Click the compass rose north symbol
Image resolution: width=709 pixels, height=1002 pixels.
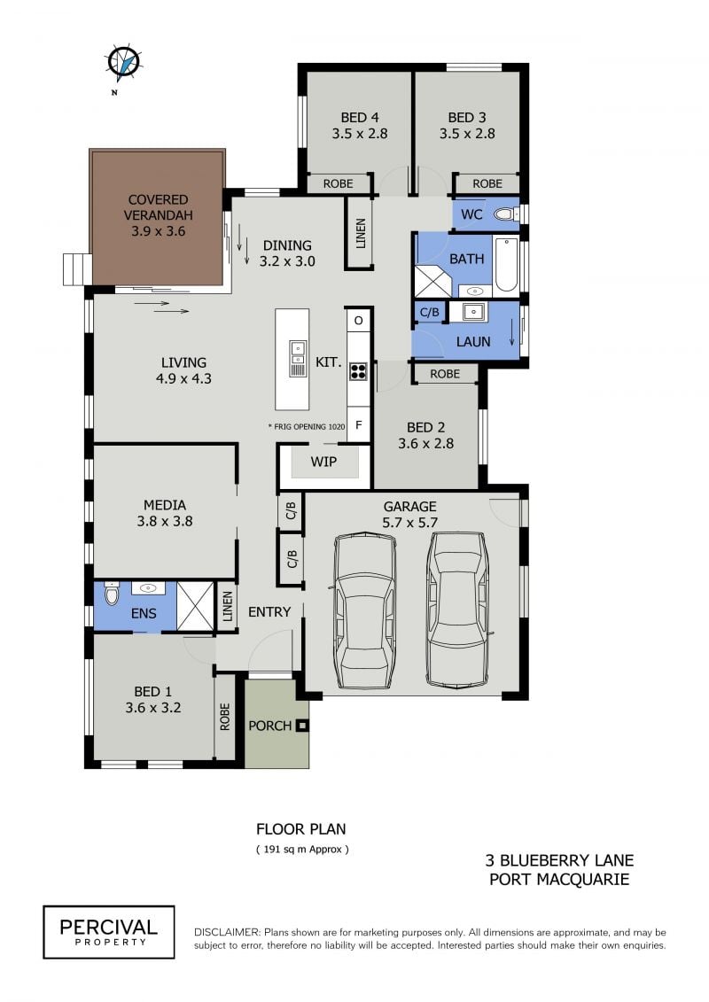(x=123, y=64)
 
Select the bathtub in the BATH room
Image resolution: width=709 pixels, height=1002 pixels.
(x=506, y=265)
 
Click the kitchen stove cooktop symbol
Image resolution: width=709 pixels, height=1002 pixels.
(x=358, y=370)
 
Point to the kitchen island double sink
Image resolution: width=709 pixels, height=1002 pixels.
(x=298, y=358)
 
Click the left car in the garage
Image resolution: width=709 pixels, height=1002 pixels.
(x=362, y=611)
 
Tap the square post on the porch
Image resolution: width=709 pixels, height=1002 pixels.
(x=302, y=726)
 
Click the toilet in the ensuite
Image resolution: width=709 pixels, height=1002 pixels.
(x=112, y=594)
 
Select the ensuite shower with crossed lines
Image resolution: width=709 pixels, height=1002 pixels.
(x=195, y=607)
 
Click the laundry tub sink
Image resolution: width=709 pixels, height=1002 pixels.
(x=473, y=311)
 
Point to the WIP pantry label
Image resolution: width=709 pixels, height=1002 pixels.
(x=323, y=462)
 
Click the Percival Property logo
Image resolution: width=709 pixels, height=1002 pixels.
(x=109, y=932)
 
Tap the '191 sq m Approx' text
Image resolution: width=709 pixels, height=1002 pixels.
(x=302, y=850)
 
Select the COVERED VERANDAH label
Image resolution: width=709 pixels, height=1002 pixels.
(x=158, y=207)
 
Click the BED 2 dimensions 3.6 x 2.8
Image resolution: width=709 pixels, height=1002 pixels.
(x=425, y=444)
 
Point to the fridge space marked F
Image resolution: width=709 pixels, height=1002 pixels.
(x=359, y=425)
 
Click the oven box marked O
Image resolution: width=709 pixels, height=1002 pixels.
(x=359, y=320)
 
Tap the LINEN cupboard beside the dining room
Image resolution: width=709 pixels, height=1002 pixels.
(x=360, y=233)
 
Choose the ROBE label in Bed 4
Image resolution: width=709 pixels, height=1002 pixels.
(x=338, y=183)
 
